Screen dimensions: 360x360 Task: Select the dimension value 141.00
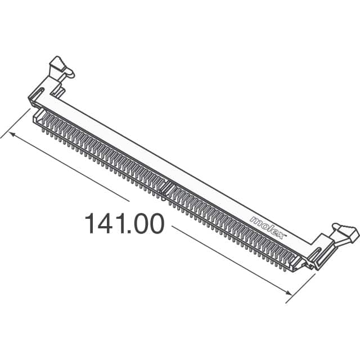[x=124, y=224]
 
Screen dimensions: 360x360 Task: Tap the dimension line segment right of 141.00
[x=225, y=256]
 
